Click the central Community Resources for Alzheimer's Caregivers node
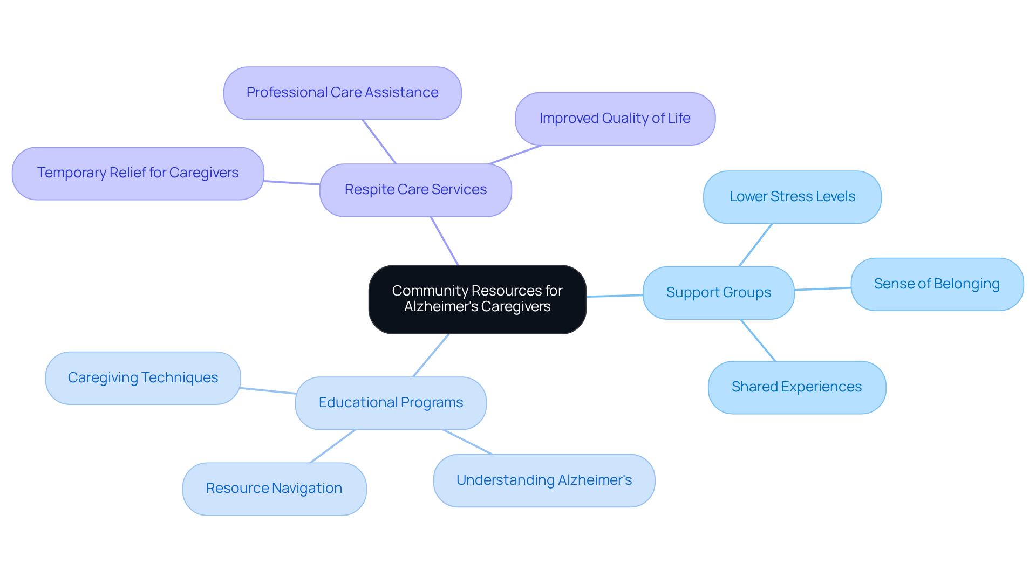click(477, 299)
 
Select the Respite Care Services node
click(415, 190)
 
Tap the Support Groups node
click(718, 293)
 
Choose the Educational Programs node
click(391, 403)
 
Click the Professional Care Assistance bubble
click(342, 93)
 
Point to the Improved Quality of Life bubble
click(615, 119)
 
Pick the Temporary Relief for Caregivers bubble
click(138, 173)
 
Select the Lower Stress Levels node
click(792, 197)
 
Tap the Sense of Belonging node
click(937, 284)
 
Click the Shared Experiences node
click(796, 387)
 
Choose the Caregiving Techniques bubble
click(143, 378)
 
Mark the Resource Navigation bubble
click(274, 489)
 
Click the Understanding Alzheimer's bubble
click(544, 480)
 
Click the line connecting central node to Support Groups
click(615, 296)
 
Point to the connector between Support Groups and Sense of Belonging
click(822, 289)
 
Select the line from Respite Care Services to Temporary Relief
click(292, 183)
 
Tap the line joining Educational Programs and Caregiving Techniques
click(268, 390)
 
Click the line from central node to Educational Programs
click(431, 355)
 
